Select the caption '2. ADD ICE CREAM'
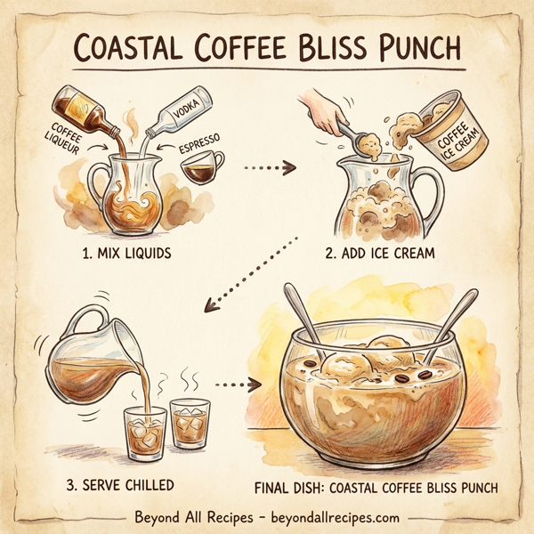pyautogui.click(x=381, y=254)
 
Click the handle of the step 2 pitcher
pyautogui.click(x=428, y=191)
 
